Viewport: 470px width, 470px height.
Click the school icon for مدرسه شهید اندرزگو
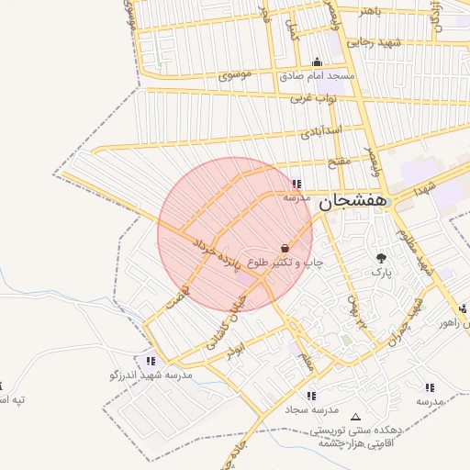coord(151,362)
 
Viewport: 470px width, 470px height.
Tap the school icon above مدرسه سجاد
coord(311,396)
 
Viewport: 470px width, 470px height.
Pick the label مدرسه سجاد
coord(312,408)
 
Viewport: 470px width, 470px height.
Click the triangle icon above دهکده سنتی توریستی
coord(356,417)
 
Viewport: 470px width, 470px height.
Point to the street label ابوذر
coord(239,353)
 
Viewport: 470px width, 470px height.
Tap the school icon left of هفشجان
coord(296,183)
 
